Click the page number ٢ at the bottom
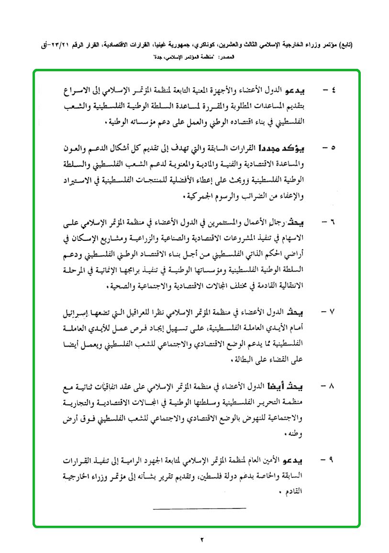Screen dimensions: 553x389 coord(201,540)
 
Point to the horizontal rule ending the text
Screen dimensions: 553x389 coord(199,508)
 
